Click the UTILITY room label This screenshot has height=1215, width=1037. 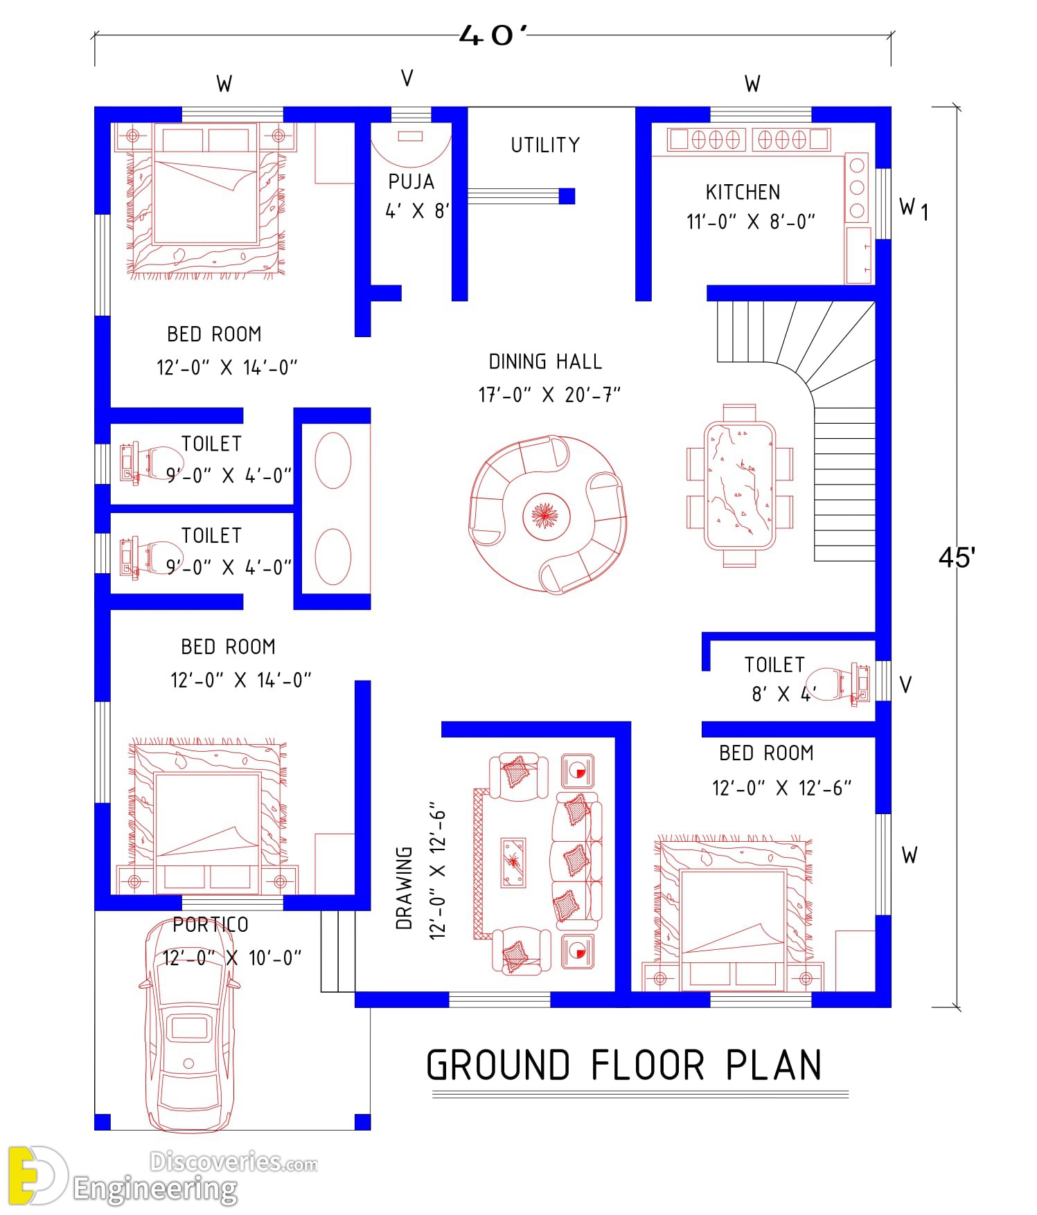(x=545, y=145)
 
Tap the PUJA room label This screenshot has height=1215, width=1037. (x=411, y=182)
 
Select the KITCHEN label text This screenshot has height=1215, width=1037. (x=743, y=192)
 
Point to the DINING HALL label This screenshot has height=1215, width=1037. (x=545, y=362)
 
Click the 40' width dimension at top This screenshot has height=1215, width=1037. (x=493, y=35)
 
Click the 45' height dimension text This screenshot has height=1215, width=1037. (x=957, y=557)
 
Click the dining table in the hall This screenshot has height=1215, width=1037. (x=740, y=485)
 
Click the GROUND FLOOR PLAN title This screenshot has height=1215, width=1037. (x=624, y=1065)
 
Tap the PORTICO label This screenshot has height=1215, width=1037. (x=211, y=925)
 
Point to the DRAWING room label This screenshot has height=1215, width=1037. (x=405, y=888)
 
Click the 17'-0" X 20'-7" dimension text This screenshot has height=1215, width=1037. (x=549, y=395)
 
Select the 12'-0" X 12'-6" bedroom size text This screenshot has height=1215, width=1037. (x=781, y=789)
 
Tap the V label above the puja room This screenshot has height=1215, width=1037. (x=407, y=79)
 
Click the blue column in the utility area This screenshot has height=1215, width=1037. (x=567, y=196)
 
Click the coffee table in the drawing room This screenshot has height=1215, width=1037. (x=513, y=862)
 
